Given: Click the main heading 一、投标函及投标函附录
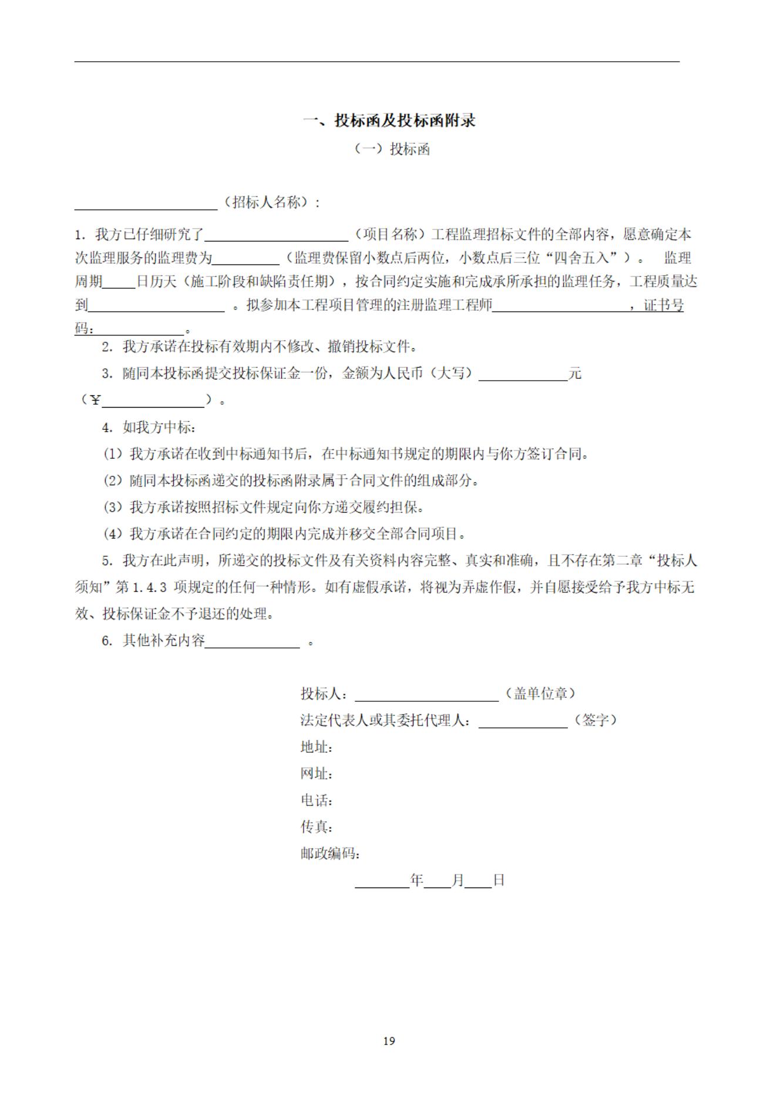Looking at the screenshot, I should [x=389, y=121].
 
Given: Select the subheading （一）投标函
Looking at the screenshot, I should [x=392, y=149].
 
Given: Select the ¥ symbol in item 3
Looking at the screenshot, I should [x=95, y=401].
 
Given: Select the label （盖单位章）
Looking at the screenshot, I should [x=539, y=694].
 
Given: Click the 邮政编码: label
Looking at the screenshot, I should [x=330, y=853].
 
